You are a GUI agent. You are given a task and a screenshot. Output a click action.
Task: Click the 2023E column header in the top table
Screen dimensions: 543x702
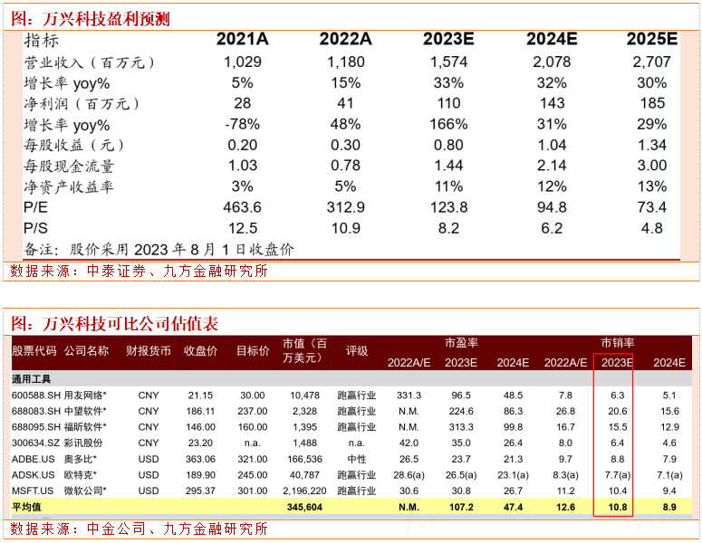[448, 39]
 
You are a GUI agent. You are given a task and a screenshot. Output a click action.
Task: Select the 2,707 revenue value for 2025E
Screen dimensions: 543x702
[651, 62]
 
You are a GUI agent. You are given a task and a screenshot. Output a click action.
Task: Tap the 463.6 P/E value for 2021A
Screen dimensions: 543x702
[242, 208]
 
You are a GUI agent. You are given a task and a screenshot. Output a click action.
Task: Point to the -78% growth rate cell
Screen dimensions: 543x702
[242, 125]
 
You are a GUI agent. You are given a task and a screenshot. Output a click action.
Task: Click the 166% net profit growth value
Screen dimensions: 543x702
[448, 125]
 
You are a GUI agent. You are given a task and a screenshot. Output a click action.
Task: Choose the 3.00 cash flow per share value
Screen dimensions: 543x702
[651, 167]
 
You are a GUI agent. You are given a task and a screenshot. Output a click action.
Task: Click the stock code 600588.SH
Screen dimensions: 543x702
[34, 395]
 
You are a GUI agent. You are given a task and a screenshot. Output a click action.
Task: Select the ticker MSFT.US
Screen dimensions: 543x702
[32, 491]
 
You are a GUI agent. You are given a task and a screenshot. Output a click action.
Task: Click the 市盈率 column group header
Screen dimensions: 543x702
[461, 343]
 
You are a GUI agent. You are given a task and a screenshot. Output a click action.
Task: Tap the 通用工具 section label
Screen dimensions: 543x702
[33, 378]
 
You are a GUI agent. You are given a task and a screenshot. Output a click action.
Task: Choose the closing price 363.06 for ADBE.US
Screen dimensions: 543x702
[199, 459]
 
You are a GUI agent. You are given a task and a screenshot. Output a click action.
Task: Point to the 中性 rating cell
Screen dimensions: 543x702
[357, 459]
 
